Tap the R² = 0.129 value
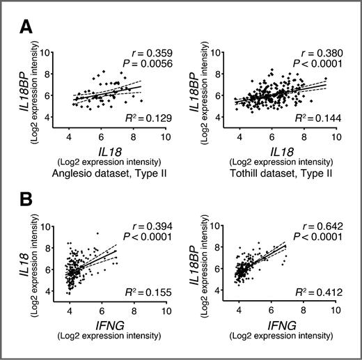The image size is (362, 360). coord(144,121)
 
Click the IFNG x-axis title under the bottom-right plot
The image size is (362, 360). coord(282,324)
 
